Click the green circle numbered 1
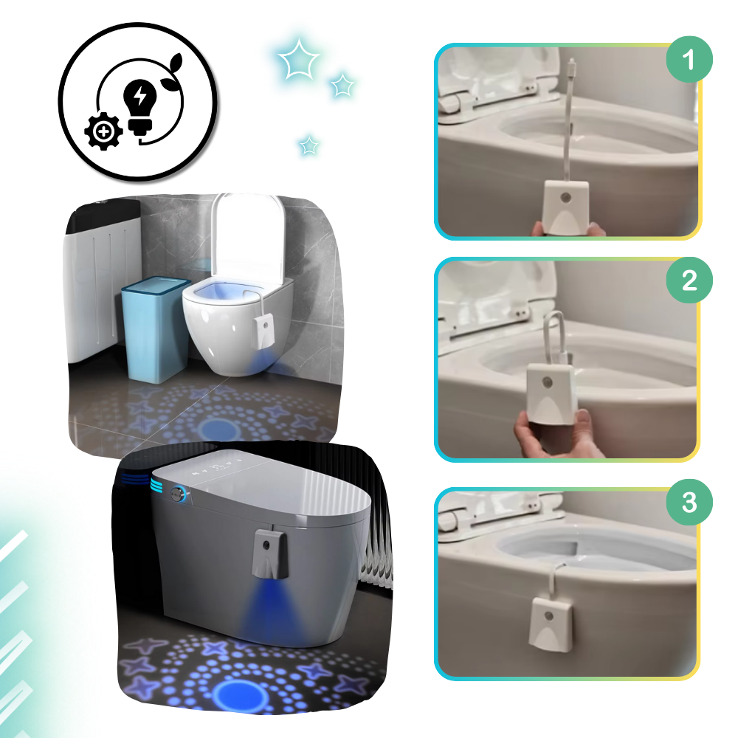689,60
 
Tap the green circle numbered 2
689,281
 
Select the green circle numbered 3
689,503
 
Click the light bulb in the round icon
139,101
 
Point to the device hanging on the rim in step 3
551,624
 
